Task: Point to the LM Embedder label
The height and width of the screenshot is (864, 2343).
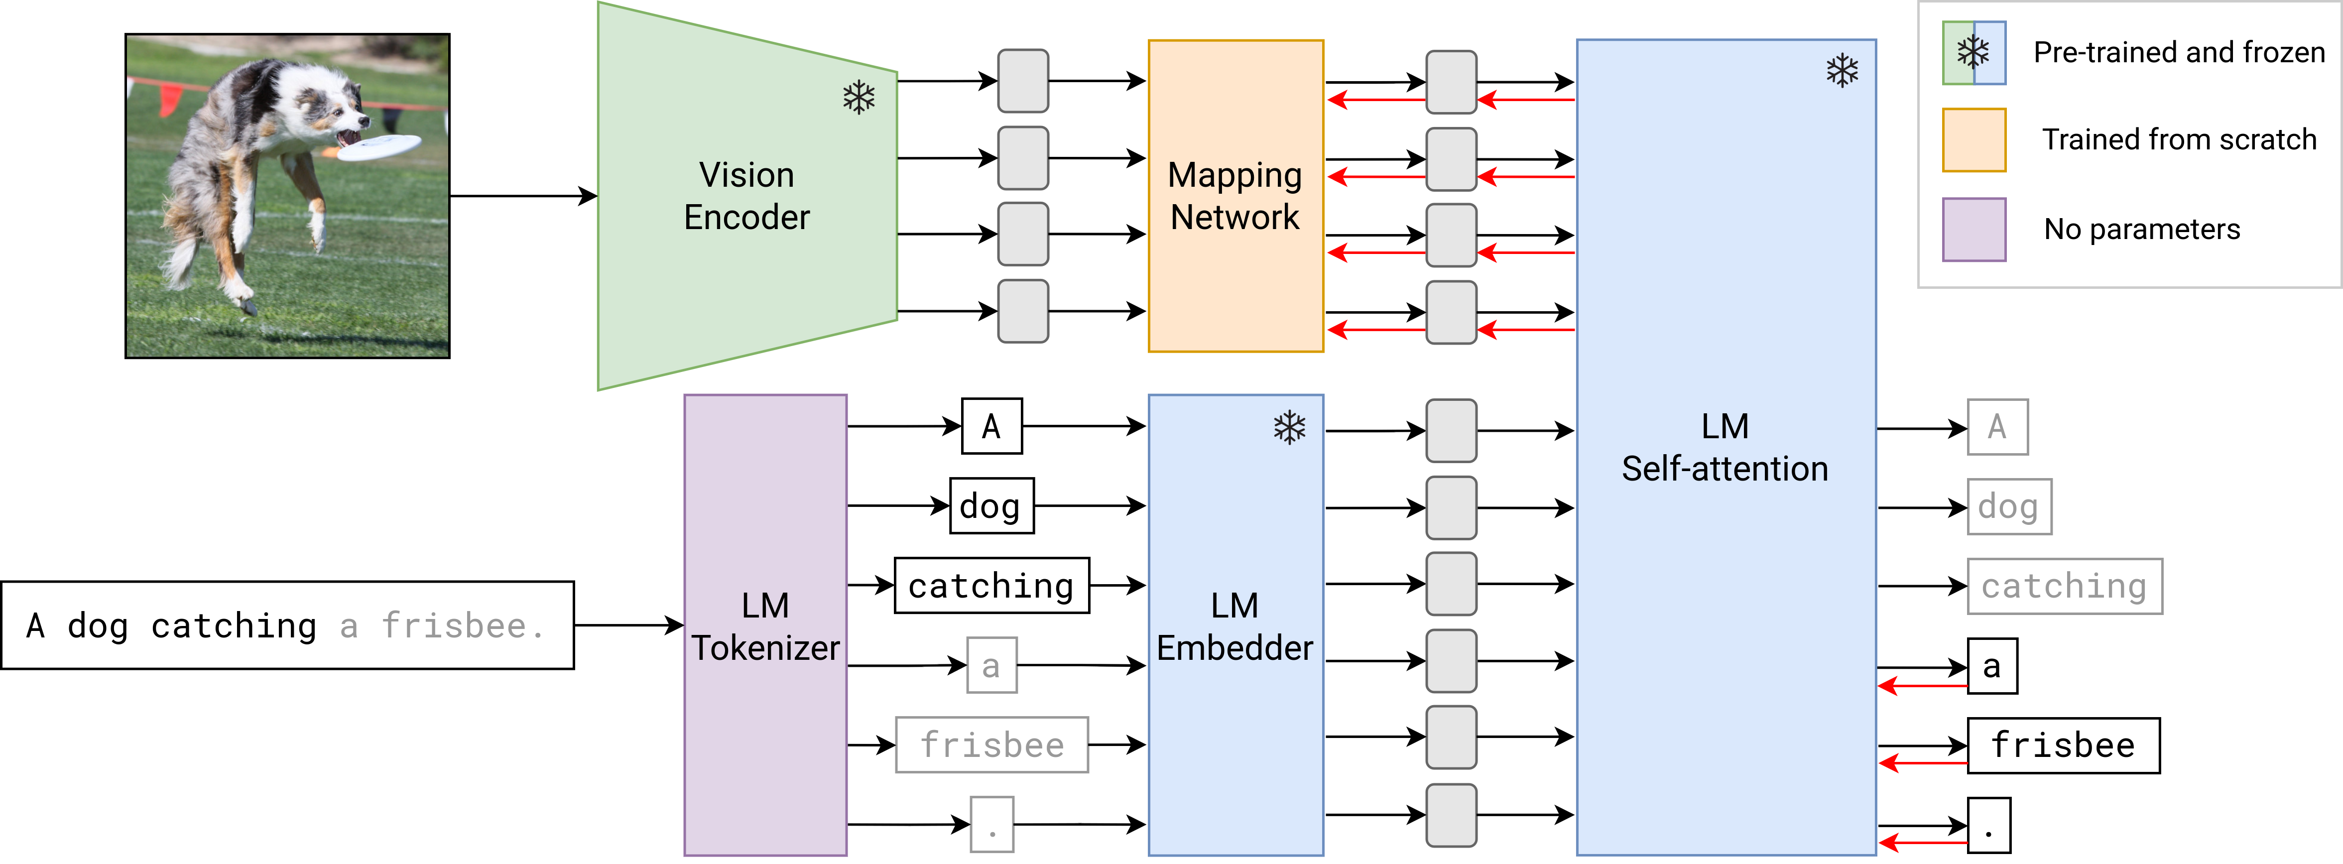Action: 1234,626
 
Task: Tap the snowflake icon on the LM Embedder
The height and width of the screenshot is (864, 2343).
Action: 1289,427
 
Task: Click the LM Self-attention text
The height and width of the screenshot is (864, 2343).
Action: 1725,448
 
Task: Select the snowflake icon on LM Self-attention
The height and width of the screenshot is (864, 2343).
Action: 1842,71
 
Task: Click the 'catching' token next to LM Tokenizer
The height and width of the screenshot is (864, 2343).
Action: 991,586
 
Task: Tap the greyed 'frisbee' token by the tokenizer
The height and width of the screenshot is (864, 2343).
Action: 991,745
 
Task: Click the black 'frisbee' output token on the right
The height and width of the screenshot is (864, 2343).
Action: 2063,745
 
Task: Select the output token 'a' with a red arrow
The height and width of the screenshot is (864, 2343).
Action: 1992,666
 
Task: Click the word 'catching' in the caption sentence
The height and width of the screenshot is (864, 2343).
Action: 234,626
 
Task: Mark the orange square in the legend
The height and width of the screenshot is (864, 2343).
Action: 1973,140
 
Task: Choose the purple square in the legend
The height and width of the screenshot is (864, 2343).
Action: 1973,229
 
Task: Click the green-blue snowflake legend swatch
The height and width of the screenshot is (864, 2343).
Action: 1973,53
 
